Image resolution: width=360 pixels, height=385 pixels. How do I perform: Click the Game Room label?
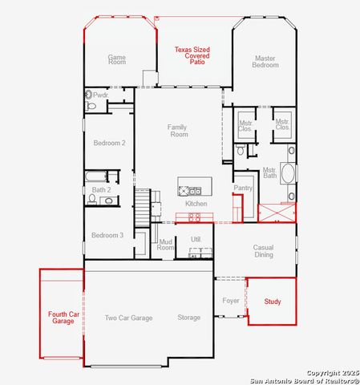117,59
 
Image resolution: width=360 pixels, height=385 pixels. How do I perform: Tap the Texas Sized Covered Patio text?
192,55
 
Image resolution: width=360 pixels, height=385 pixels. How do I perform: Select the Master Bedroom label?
265,61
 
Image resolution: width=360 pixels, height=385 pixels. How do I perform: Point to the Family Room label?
178,131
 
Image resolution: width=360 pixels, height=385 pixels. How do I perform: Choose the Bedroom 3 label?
107,235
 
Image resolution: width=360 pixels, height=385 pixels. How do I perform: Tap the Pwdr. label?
100,95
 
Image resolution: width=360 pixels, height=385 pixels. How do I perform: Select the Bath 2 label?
101,190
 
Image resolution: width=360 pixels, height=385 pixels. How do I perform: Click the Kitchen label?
196,204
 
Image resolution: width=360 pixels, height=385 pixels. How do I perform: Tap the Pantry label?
243,188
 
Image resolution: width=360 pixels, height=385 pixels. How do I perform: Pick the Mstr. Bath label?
270,173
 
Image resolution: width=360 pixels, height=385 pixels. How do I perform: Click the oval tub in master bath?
288,173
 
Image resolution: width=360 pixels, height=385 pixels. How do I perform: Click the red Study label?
273,302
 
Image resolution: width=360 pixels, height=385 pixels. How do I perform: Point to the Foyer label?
231,302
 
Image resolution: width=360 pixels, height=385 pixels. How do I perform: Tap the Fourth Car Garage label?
61,318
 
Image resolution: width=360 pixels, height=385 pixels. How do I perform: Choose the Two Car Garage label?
128,318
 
